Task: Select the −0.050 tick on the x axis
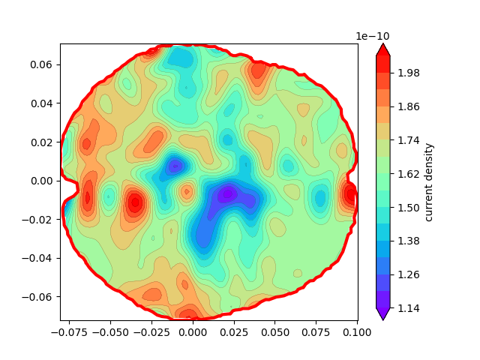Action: pyautogui.click(x=110, y=331)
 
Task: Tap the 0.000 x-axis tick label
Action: pyautogui.click(x=193, y=331)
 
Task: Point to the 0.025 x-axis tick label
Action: pyautogui.click(x=233, y=331)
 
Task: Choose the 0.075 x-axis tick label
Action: pyautogui.click(x=316, y=331)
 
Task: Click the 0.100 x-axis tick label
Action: pyautogui.click(x=357, y=331)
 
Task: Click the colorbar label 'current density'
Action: pyautogui.click(x=429, y=182)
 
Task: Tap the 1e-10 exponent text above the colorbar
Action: pyautogui.click(x=372, y=36)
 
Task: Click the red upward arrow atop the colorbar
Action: pyautogui.click(x=382, y=49)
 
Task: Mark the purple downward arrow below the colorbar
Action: pyautogui.click(x=382, y=314)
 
